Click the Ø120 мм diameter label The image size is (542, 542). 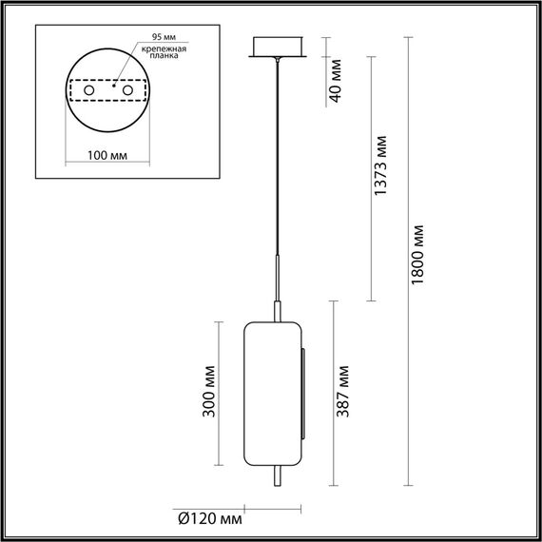(x=210, y=518)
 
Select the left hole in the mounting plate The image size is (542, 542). (x=89, y=90)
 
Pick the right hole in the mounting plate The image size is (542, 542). (x=124, y=90)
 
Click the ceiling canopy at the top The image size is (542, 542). (x=277, y=48)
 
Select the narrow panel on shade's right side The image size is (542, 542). (x=304, y=394)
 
